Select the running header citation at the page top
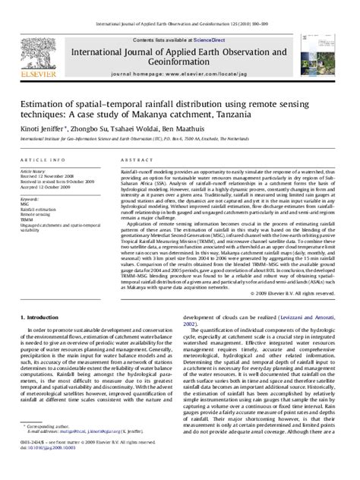click(179, 5)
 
